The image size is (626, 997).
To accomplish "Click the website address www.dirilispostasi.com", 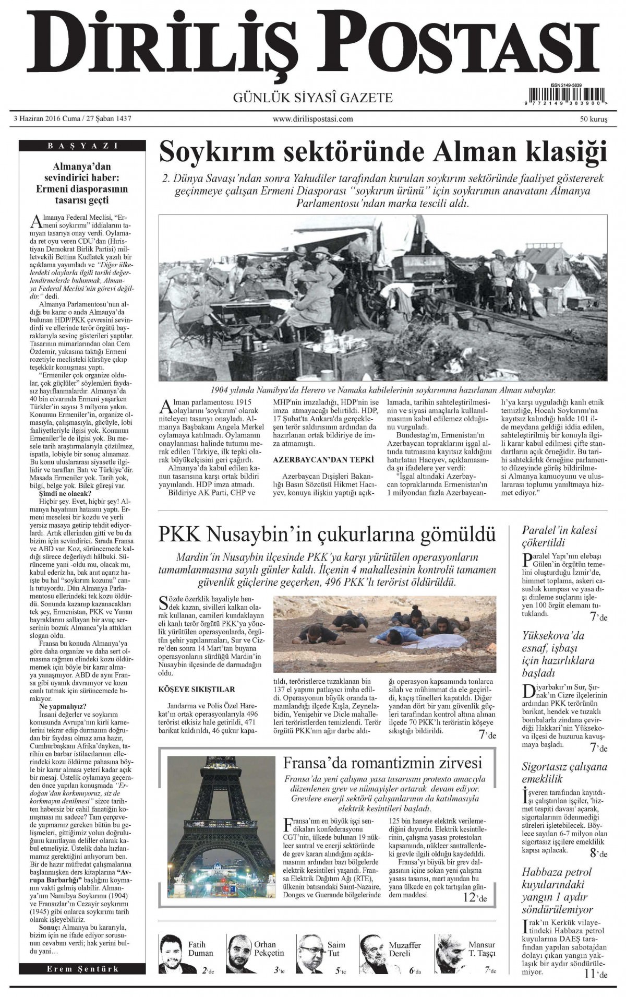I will coord(312,119).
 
